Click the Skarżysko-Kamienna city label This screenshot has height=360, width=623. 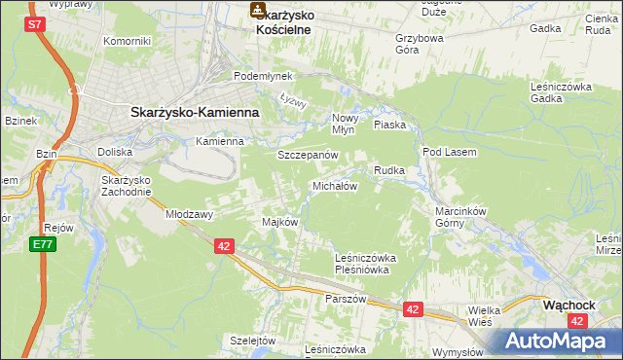(195, 112)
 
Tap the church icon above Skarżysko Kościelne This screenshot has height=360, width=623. (258, 11)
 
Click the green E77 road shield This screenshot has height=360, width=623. (41, 244)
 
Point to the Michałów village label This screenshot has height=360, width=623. (335, 186)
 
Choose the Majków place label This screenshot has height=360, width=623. (279, 222)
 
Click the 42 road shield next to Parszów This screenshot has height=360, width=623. (413, 309)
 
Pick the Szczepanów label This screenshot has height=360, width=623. (308, 155)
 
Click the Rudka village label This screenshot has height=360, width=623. (388, 170)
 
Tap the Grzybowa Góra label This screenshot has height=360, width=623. (420, 44)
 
